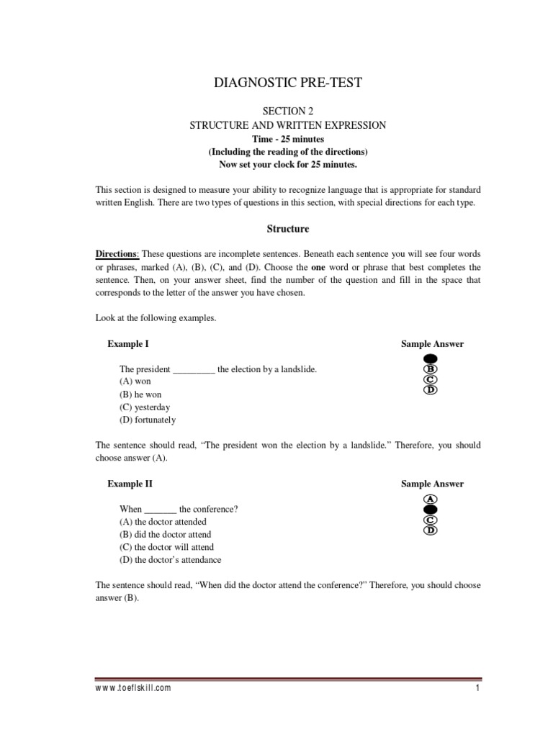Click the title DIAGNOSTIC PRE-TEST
[x=288, y=83]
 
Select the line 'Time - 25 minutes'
[x=288, y=138]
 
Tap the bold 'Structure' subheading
[x=288, y=229]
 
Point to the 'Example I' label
[x=128, y=344]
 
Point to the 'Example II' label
[x=130, y=484]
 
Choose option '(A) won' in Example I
[x=135, y=381]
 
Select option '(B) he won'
[x=140, y=394]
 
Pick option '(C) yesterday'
[x=145, y=407]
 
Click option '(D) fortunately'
[x=148, y=420]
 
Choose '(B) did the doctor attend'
[x=165, y=535]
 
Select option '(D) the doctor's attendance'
[x=171, y=560]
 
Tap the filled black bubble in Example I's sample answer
[x=431, y=358]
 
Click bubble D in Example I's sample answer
[x=431, y=390]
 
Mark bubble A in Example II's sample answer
[x=431, y=499]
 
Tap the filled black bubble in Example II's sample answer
[x=431, y=509]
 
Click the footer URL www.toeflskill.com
[x=133, y=688]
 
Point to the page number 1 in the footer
[x=477, y=688]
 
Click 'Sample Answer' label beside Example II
[x=432, y=484]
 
